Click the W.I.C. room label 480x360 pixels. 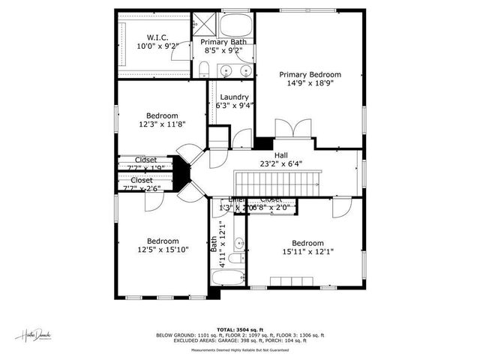[157, 37]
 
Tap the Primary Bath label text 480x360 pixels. [223, 42]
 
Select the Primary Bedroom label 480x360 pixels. [310, 74]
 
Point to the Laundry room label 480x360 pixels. [234, 97]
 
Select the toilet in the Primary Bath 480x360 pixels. [204, 70]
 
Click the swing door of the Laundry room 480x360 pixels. [242, 139]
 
